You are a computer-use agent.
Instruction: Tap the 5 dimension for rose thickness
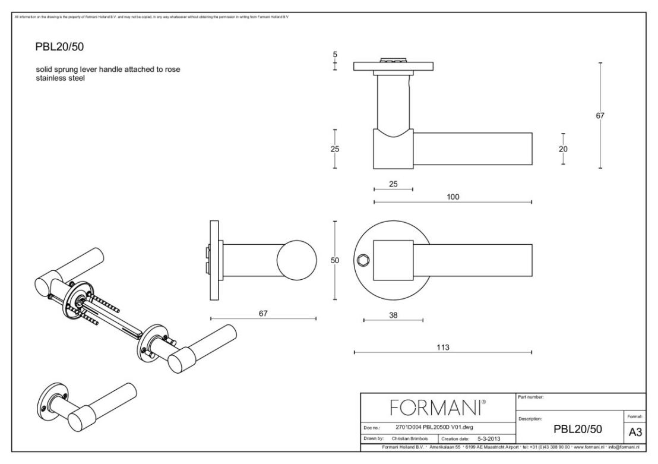(335, 55)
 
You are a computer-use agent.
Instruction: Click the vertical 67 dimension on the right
(600, 116)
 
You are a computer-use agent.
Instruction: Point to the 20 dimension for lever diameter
(563, 149)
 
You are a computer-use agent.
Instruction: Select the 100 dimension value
(453, 196)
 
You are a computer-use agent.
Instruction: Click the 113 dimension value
(442, 346)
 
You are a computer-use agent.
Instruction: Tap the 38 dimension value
(393, 315)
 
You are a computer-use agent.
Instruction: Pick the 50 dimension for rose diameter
(334, 261)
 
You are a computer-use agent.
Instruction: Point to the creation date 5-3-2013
(489, 439)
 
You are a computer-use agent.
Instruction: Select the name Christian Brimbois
(415, 439)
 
